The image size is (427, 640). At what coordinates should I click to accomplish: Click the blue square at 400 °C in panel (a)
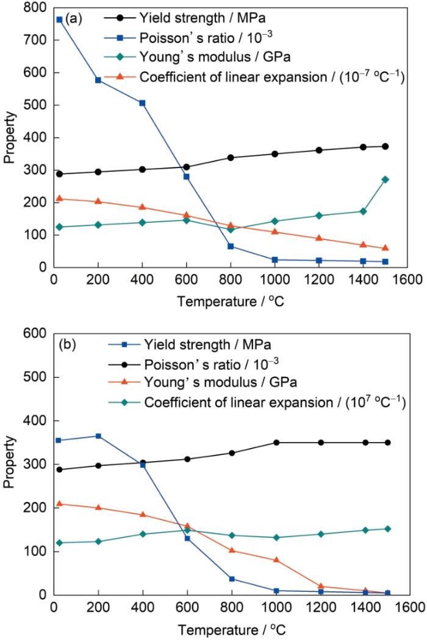click(x=142, y=103)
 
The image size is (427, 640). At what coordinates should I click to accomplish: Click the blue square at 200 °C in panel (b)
click(x=98, y=436)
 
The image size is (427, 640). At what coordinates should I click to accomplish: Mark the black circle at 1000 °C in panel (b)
click(x=276, y=443)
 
